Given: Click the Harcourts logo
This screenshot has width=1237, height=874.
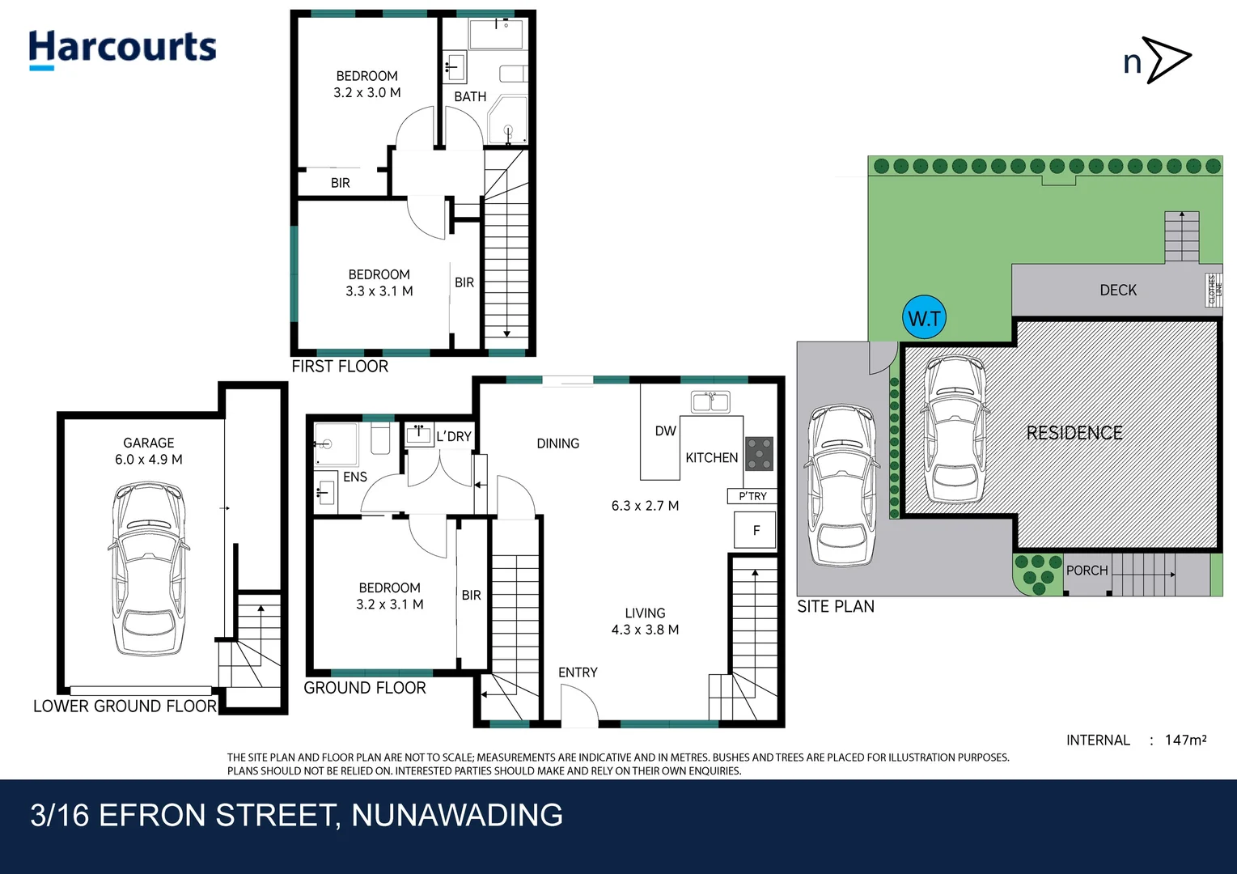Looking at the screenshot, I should coord(122,49).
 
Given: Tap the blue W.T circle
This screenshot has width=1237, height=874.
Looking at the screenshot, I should coord(924,318).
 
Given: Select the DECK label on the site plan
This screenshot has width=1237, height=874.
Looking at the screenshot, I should coord(1118,290).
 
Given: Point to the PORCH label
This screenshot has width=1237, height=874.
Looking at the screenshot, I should coord(1087,571).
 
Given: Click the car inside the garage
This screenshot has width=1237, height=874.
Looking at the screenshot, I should coord(148,568).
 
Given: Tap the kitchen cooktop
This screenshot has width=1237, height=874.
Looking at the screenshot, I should coord(759,454).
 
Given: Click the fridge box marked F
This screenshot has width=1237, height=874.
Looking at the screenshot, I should coord(756,531).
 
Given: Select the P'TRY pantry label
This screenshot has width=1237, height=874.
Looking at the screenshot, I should coord(752,496).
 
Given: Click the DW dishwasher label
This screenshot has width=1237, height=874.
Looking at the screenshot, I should coord(665,431).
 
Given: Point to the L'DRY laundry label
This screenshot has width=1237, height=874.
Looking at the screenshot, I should coord(453,436).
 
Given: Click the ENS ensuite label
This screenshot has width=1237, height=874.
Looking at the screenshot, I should coord(355,477).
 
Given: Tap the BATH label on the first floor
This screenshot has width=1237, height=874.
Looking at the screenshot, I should coord(470,96).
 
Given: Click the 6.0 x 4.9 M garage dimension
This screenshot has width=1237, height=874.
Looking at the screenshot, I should coord(149,460).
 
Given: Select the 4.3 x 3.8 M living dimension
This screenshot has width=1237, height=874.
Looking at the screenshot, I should coord(645,630).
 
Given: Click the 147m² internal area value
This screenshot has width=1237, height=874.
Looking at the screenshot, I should coord(1185,740).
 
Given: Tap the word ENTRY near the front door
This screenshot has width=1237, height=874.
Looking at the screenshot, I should coord(578,672).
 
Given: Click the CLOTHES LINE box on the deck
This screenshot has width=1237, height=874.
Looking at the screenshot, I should coord(1214,290).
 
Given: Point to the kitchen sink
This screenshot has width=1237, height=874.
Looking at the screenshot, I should coord(710,401).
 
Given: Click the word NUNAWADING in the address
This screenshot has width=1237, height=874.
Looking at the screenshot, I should coord(457,815).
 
